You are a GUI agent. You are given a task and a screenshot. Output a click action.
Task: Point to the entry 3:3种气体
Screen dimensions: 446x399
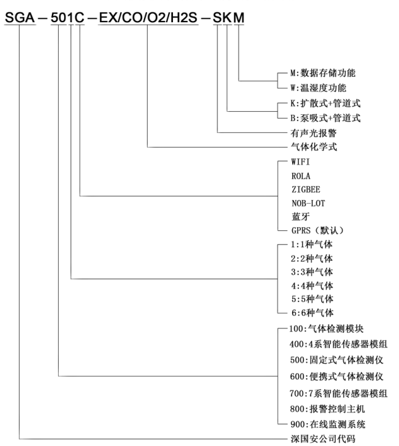pyautogui.click(x=311, y=271)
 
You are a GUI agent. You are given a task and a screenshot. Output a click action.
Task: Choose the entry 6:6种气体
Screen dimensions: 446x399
pyautogui.click(x=311, y=312)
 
